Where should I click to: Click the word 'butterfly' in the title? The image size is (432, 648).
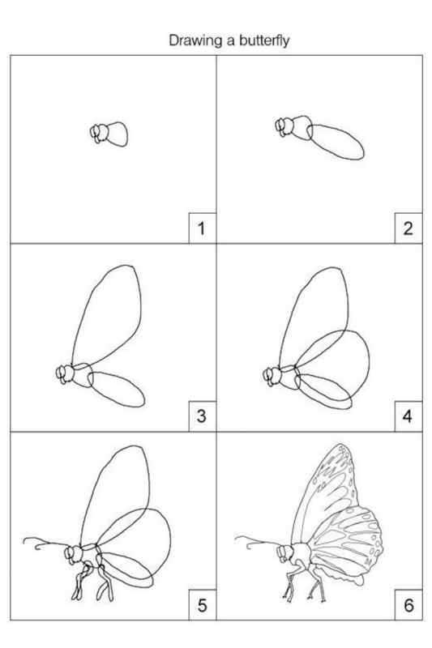(x=263, y=41)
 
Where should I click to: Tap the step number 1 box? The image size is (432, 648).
(x=202, y=228)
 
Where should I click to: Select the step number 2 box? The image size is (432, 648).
(x=408, y=228)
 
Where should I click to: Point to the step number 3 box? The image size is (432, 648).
(x=202, y=416)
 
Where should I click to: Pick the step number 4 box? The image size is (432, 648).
(x=408, y=416)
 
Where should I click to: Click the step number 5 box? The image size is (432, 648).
(x=202, y=605)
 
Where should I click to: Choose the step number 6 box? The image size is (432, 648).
(x=408, y=605)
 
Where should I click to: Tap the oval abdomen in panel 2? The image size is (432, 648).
(x=336, y=142)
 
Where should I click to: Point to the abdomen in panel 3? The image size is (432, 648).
(x=116, y=389)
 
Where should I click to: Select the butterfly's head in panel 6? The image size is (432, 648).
(x=285, y=553)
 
